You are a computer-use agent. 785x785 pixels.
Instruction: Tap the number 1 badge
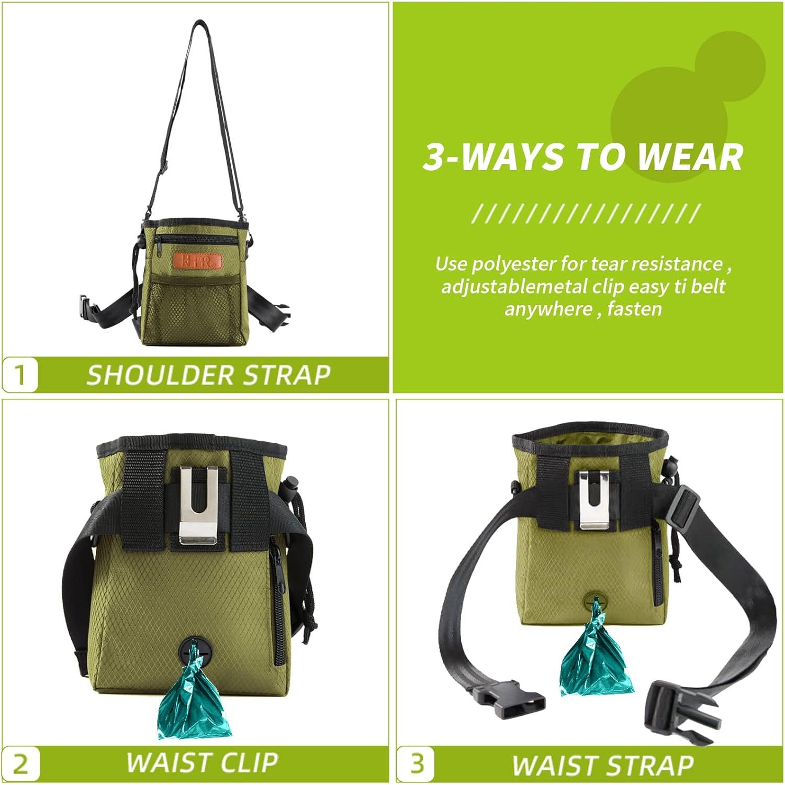20,375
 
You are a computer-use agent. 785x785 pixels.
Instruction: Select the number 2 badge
20,765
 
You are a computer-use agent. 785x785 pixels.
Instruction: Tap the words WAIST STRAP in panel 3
603,765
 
